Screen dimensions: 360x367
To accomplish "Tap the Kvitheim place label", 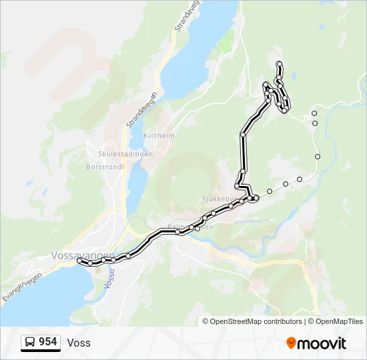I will coord(160,135).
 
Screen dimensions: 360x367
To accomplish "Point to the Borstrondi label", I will coord(105,167).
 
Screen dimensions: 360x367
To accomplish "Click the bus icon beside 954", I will coord(31,343).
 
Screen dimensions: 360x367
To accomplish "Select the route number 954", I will coord(47,343).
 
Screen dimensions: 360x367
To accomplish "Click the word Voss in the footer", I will coord(79,343).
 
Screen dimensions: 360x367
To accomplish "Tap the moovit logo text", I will coord(322,344).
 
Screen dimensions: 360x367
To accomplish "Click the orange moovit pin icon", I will coord(291,343).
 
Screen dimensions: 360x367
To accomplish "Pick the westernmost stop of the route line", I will coord(80,261).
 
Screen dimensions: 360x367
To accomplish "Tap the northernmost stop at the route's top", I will coord(279,63).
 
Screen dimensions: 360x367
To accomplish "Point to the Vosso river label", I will coord(111,277).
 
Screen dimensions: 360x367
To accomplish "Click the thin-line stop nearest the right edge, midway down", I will coord(318,157).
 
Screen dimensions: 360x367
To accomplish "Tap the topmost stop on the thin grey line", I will coord(314,113).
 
